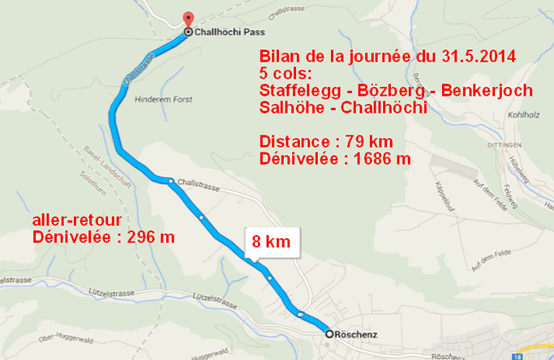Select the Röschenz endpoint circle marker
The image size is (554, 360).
pos(329,334)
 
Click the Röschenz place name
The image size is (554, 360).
pos(357,334)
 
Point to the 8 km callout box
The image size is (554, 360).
pos(271,242)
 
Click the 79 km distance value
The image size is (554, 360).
pos(354,142)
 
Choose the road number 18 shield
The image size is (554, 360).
pos(517,355)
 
